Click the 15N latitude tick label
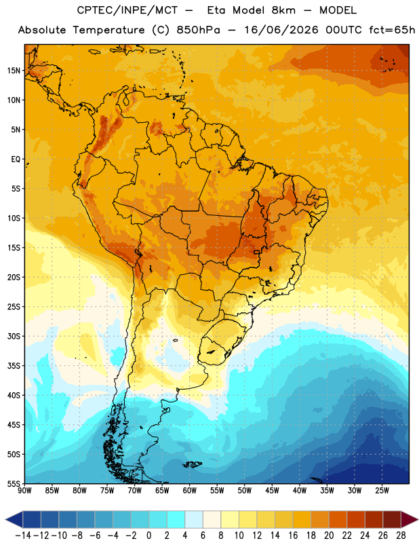(x=14, y=71)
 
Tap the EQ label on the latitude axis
(x=16, y=160)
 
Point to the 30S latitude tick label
(x=14, y=336)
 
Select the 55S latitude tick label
(x=14, y=483)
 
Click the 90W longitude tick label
(x=24, y=490)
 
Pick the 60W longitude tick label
(x=190, y=490)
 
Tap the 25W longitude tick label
(x=382, y=490)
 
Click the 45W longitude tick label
(x=272, y=490)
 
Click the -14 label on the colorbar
(x=23, y=536)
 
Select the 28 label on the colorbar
(x=401, y=536)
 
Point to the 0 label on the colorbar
(x=148, y=536)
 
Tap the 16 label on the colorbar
(x=293, y=536)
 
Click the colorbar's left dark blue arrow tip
(x=5, y=519)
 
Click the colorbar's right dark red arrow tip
(x=418, y=519)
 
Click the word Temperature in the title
(x=108, y=30)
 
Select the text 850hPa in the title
(x=198, y=30)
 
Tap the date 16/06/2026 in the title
(x=281, y=30)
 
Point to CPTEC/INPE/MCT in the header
(x=127, y=10)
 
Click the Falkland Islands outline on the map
(x=192, y=464)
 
